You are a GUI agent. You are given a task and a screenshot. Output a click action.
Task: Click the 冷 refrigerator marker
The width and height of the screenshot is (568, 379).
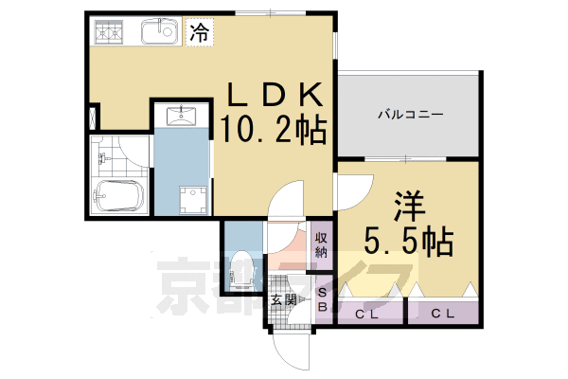pyautogui.click(x=199, y=32)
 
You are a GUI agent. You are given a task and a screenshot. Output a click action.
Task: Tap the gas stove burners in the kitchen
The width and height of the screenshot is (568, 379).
pyautogui.click(x=111, y=32)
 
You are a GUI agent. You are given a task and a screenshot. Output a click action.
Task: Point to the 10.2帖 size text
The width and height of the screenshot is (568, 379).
pyautogui.click(x=275, y=130)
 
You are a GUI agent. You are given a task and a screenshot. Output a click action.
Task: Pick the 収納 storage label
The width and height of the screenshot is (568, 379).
pyautogui.click(x=321, y=244)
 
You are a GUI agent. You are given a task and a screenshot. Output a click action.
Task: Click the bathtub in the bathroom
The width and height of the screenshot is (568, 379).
pyautogui.click(x=118, y=197)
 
